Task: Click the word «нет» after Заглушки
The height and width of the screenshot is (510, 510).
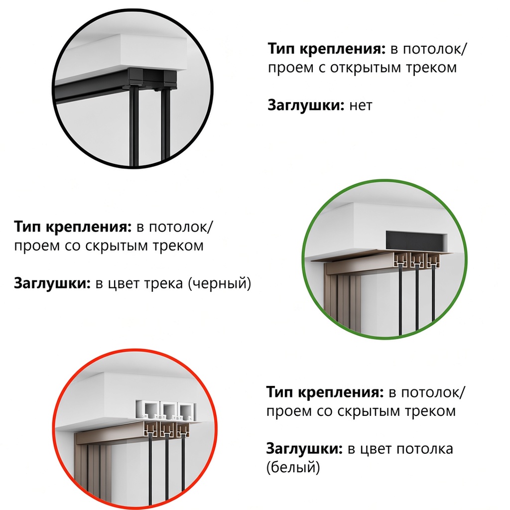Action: [361, 106]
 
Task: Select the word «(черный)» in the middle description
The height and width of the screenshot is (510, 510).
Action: [220, 283]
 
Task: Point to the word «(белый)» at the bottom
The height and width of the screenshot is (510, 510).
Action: [293, 467]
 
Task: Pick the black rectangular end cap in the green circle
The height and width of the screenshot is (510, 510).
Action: [416, 241]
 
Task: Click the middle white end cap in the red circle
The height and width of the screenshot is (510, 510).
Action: [168, 410]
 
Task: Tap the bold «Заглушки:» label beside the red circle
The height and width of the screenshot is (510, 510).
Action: [304, 449]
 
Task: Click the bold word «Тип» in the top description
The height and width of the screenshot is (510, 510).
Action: [281, 49]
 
